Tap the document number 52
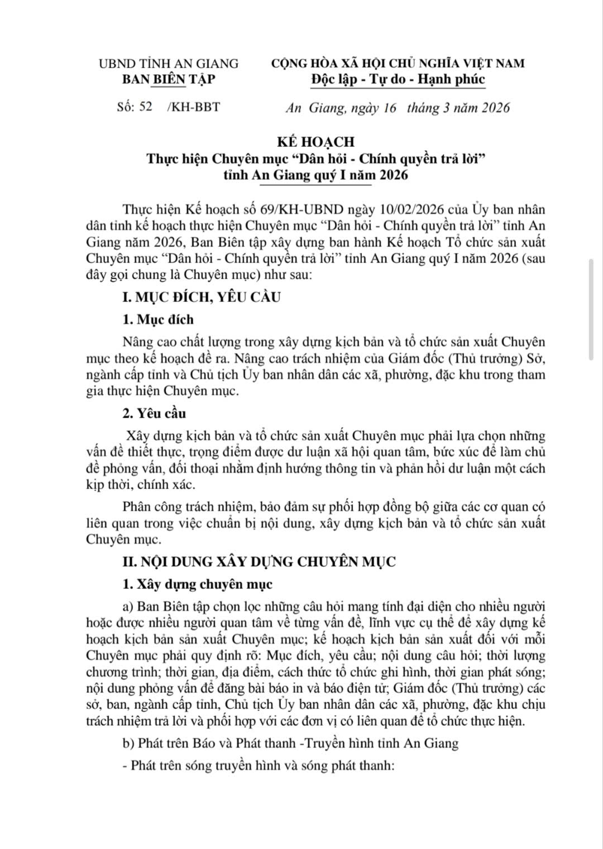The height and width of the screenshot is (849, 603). [146, 107]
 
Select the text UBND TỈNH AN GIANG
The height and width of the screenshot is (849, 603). [168, 64]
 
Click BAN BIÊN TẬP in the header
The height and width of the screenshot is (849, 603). [168, 79]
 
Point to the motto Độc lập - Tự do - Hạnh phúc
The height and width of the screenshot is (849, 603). [398, 79]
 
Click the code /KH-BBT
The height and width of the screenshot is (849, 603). [193, 107]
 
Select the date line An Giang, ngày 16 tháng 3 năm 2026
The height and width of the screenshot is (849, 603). [397, 107]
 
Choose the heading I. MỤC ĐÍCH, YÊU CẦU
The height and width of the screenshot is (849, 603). [202, 296]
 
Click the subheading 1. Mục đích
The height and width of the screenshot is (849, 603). [158, 319]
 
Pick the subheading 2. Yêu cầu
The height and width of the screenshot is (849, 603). [154, 414]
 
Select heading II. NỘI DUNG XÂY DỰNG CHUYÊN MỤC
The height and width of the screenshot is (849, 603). [259, 562]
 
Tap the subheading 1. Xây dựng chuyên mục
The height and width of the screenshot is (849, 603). [198, 584]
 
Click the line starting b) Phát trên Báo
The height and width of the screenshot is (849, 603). [290, 743]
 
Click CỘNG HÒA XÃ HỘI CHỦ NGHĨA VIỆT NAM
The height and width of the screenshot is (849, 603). [398, 64]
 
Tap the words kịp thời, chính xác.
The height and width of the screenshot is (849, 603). [141, 485]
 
